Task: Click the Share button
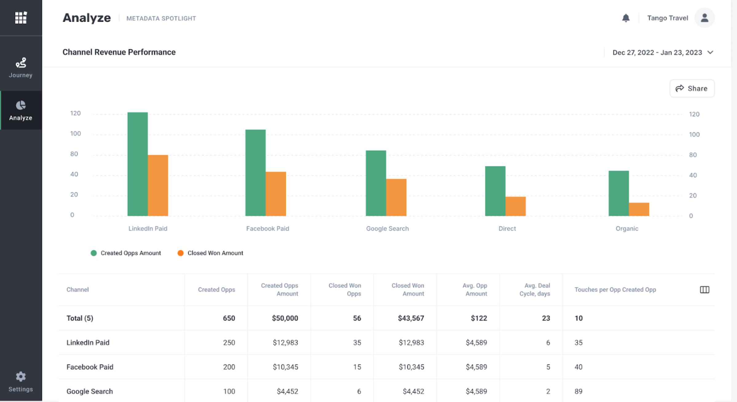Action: (x=692, y=89)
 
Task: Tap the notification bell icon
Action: (x=626, y=18)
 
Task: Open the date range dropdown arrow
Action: (x=710, y=53)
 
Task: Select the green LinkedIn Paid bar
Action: (x=137, y=164)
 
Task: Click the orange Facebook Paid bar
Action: (x=276, y=194)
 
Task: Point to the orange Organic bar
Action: (x=639, y=209)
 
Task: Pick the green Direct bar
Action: (x=495, y=191)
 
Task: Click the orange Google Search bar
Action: (x=396, y=197)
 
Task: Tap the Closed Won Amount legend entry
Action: (x=210, y=253)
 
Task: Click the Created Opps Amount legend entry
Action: (x=126, y=253)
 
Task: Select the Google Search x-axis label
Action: (x=387, y=229)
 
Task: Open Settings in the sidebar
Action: (x=21, y=382)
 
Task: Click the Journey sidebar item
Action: (x=21, y=68)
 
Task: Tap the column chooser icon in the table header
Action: (x=704, y=289)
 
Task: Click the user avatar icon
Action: (x=704, y=18)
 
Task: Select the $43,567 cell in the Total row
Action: (x=411, y=318)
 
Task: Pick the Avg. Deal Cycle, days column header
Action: (x=535, y=289)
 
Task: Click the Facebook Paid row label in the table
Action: (x=90, y=367)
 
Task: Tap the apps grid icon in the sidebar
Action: (x=21, y=18)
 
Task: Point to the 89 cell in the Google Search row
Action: (x=578, y=391)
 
